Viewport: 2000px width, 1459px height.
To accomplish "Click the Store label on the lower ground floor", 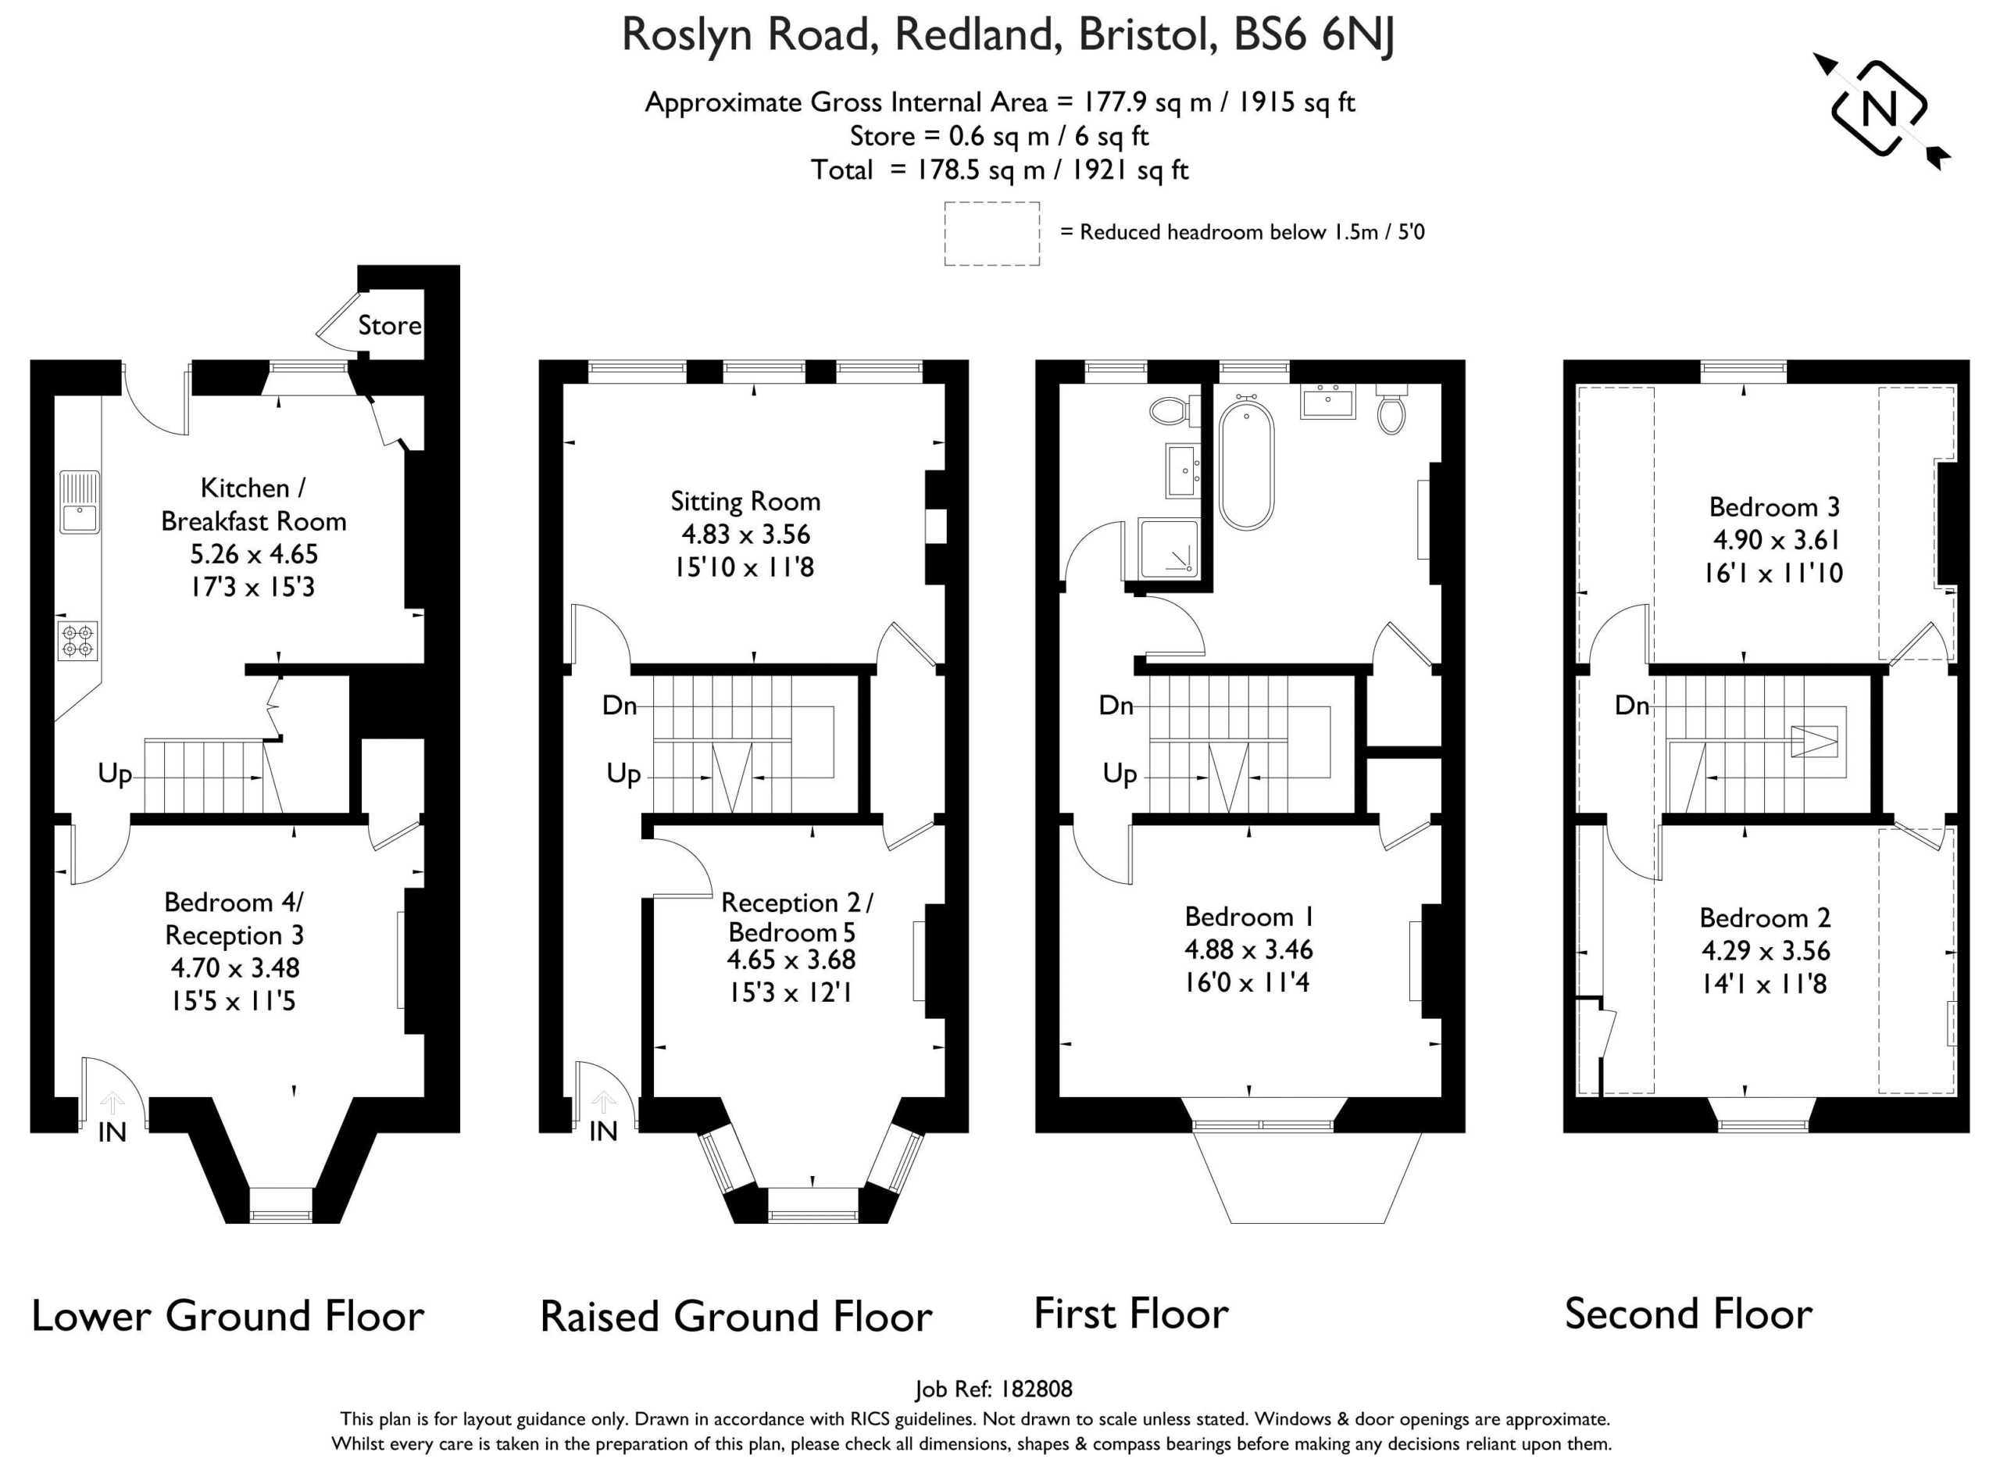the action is pyautogui.click(x=389, y=325).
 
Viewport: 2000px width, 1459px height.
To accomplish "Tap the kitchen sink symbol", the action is pyautogui.click(x=80, y=502).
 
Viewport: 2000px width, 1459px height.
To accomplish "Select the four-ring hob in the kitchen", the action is pyautogui.click(x=77, y=640).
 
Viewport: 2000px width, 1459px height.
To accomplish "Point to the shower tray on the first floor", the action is pyautogui.click(x=1168, y=548).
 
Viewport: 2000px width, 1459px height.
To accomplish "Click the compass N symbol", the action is pyautogui.click(x=1879, y=109).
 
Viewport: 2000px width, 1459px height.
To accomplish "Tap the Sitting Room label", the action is pyautogui.click(x=745, y=502).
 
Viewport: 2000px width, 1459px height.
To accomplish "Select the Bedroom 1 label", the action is pyautogui.click(x=1248, y=916).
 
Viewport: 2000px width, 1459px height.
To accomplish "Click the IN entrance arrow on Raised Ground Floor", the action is pyautogui.click(x=603, y=1102).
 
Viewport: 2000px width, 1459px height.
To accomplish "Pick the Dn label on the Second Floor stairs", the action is pyautogui.click(x=1632, y=705).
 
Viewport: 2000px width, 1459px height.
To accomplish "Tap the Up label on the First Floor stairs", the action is pyautogui.click(x=1119, y=774).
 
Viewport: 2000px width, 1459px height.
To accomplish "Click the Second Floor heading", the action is pyautogui.click(x=1687, y=1314).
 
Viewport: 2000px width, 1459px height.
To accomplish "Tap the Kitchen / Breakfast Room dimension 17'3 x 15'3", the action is pyautogui.click(x=252, y=586).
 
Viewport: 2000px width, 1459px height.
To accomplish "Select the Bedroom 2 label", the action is pyautogui.click(x=1765, y=917).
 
